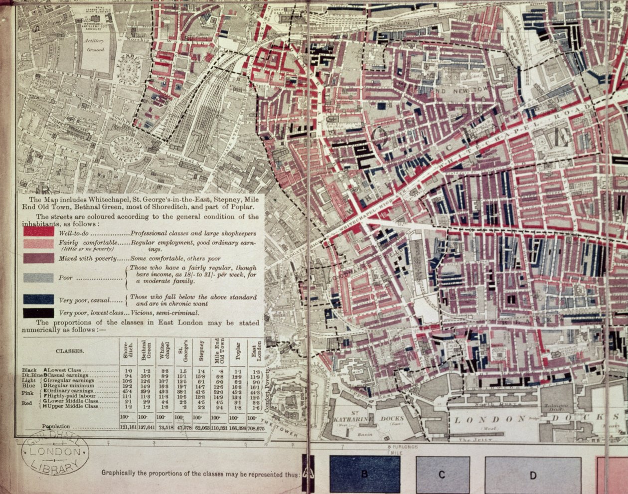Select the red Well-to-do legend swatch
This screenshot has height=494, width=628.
coord(38,232)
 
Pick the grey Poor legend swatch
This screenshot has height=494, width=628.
coord(38,278)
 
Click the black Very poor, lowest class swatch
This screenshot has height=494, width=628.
coord(38,313)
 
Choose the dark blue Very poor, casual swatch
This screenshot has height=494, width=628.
coord(38,299)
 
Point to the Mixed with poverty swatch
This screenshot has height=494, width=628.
coord(38,258)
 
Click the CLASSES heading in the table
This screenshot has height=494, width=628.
coord(69,351)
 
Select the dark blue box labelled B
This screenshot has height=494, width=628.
coord(364,474)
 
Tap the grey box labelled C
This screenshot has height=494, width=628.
coord(442,475)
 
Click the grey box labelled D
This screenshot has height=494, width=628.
coord(533,475)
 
